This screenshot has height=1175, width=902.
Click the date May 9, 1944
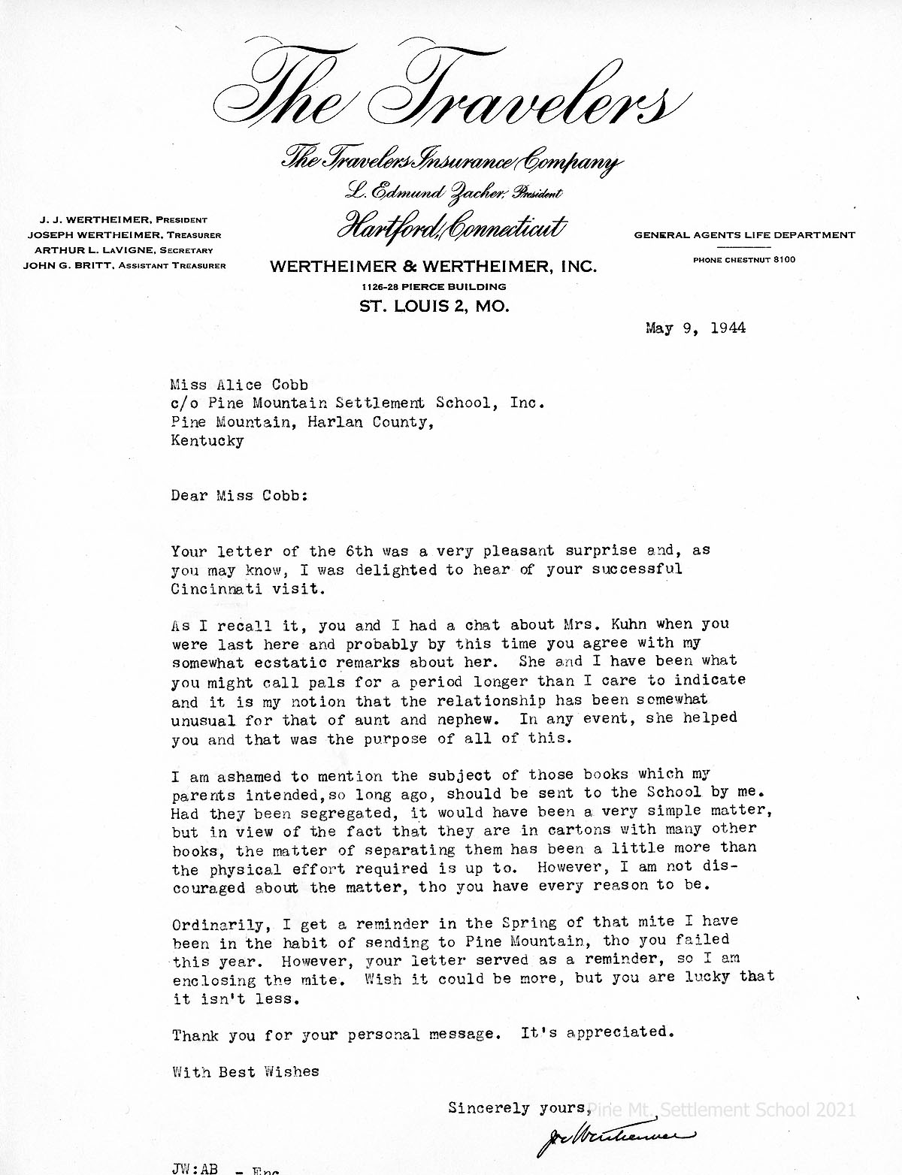click(695, 328)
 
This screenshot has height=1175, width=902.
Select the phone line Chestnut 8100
click(743, 260)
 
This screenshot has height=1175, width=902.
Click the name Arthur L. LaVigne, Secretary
click(124, 250)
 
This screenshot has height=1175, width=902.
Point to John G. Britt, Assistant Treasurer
click(124, 265)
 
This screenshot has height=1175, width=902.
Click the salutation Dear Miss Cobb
click(239, 496)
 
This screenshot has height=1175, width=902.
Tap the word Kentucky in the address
click(207, 441)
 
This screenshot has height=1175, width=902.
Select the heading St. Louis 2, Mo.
click(434, 307)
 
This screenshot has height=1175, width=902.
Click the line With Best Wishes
click(245, 1071)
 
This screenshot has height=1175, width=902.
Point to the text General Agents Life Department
click(744, 235)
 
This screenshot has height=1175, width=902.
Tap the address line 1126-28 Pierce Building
click(434, 286)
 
